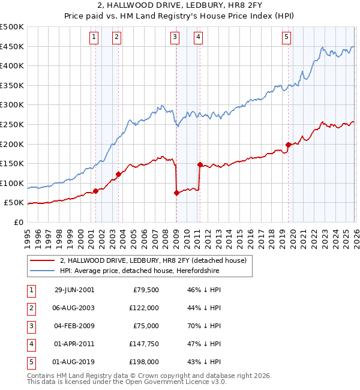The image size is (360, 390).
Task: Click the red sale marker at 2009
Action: click(176, 193)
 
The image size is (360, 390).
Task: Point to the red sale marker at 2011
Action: click(199, 164)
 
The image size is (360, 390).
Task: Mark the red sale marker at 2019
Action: click(289, 145)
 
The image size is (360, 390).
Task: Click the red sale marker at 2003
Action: click(118, 175)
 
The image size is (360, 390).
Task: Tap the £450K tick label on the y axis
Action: click(12, 47)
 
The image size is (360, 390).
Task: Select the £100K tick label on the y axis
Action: click(12, 184)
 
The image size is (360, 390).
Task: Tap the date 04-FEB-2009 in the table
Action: click(74, 326)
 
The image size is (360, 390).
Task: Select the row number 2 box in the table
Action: click(30, 308)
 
